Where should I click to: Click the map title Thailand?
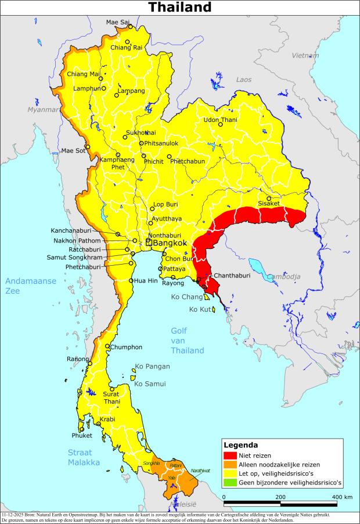pyautogui.click(x=179, y=7)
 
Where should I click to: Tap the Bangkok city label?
pyautogui.click(x=170, y=243)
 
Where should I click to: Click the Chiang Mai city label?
pyautogui.click(x=82, y=74)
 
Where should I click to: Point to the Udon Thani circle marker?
pyautogui.click(x=220, y=124)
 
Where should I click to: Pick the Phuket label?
pyautogui.click(x=82, y=435)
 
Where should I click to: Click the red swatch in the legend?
pyautogui.click(x=230, y=456)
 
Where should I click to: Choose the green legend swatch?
pyautogui.click(x=230, y=482)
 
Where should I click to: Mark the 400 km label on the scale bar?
pyautogui.click(x=341, y=497)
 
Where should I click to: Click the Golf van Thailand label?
pyautogui.click(x=187, y=341)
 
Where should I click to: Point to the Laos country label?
pyautogui.click(x=244, y=79)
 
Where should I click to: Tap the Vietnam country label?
pyautogui.click(x=305, y=56)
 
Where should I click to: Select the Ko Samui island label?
pyautogui.click(x=150, y=384)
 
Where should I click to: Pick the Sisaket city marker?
pyautogui.click(x=269, y=198)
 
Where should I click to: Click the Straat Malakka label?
pyautogui.click(x=81, y=457)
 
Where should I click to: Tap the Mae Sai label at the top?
pyautogui.click(x=117, y=23)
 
